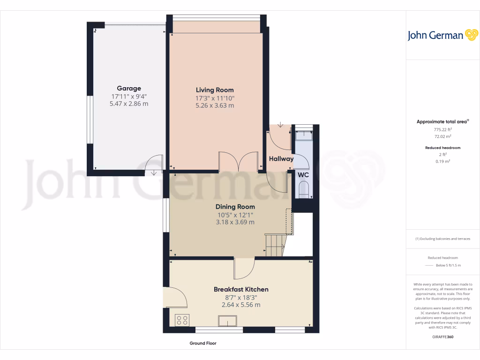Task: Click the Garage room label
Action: (129, 88)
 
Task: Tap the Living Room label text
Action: (215, 90)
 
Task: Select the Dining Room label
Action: (235, 207)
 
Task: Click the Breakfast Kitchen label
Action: (241, 289)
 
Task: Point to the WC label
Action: (304, 175)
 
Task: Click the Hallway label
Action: (281, 159)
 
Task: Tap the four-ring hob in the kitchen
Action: (182, 320)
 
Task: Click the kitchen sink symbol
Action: (228, 321)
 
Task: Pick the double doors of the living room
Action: (239, 162)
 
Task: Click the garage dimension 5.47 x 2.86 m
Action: (129, 104)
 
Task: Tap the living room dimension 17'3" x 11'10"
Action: (215, 98)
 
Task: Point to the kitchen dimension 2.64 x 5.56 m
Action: (241, 305)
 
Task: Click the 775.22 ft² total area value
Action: (442, 129)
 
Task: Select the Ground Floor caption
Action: (203, 344)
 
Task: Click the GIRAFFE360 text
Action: (443, 337)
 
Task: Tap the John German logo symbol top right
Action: (471, 35)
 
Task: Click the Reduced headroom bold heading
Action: (442, 148)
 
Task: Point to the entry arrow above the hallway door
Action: (280, 125)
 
